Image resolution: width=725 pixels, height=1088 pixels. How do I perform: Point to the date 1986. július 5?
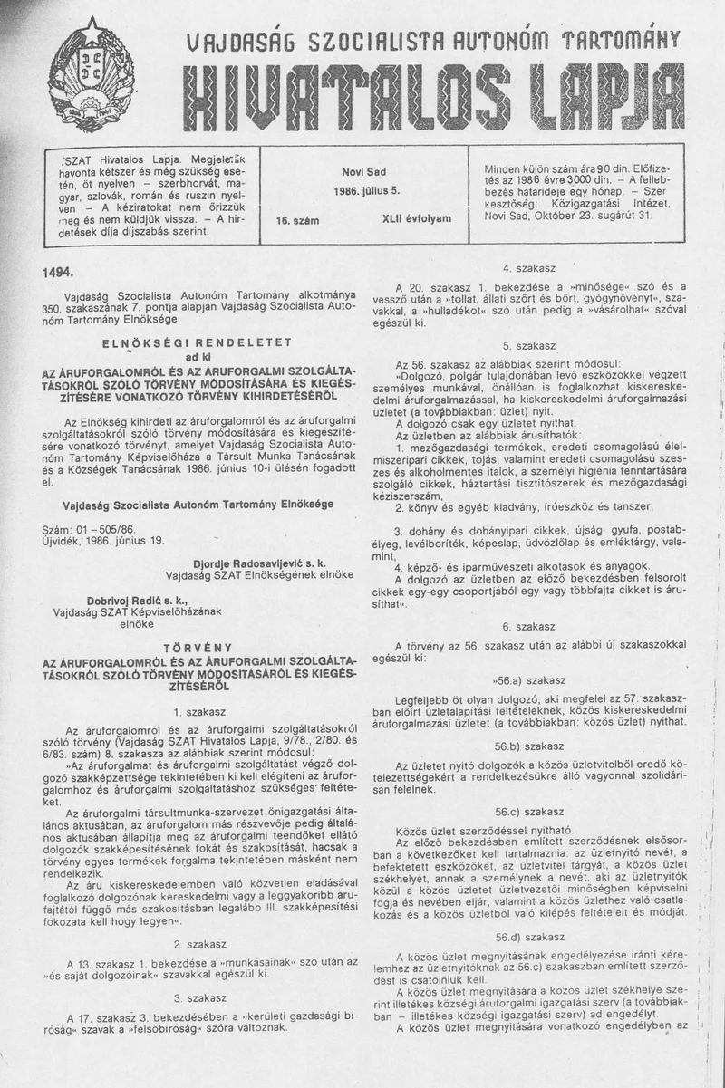[364, 191]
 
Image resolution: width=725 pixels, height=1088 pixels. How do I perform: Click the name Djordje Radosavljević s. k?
[258, 564]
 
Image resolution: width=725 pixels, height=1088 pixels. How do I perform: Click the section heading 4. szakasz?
[527, 268]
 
